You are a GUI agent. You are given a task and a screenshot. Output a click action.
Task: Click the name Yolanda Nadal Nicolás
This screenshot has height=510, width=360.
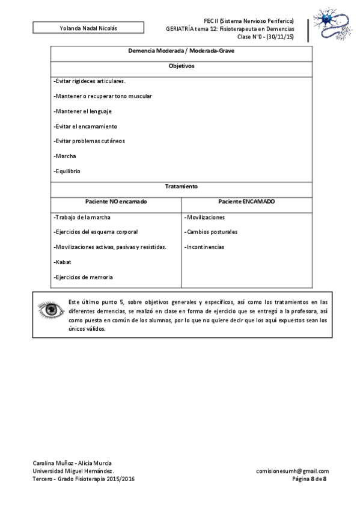click(x=88, y=28)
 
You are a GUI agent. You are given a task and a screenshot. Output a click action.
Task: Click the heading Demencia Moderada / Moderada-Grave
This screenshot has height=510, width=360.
click(x=181, y=51)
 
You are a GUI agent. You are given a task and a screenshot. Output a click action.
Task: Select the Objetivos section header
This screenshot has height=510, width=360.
click(x=181, y=66)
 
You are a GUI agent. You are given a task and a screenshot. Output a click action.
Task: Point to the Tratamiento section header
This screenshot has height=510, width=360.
click(x=181, y=186)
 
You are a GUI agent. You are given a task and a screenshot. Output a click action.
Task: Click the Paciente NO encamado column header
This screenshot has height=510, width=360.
click(x=115, y=201)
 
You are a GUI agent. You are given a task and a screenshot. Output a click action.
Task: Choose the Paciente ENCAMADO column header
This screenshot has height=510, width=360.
click(x=246, y=201)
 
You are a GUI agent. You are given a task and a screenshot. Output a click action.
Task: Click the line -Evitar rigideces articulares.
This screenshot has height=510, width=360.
click(x=90, y=81)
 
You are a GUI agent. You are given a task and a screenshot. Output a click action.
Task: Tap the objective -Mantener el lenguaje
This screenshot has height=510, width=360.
click(x=82, y=111)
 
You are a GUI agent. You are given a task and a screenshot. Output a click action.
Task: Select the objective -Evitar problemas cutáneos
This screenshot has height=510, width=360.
click(x=89, y=141)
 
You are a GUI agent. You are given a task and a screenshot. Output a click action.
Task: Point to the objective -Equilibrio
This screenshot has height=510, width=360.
click(x=67, y=171)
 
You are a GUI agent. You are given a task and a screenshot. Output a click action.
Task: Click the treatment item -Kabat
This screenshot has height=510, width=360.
click(x=63, y=262)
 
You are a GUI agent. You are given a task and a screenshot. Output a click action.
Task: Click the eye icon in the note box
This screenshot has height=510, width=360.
click(x=49, y=311)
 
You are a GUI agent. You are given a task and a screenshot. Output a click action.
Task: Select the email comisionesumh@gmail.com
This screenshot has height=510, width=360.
click(x=292, y=471)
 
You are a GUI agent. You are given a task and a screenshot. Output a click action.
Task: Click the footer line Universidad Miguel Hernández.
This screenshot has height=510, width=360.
click(x=73, y=471)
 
